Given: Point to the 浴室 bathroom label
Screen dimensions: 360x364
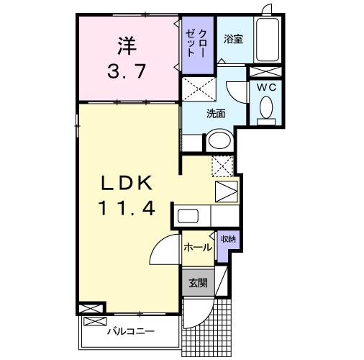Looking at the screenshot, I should (x=232, y=39).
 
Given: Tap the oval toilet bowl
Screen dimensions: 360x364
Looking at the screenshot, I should (x=265, y=109).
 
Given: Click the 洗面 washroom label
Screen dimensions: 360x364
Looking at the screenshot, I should (x=216, y=113).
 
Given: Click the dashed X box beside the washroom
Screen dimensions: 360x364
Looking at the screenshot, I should (x=200, y=89).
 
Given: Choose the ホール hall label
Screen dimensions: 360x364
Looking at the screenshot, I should (x=197, y=248).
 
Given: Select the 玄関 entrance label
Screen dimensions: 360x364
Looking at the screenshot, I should (x=197, y=283).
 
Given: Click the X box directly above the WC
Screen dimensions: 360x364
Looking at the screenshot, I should (x=265, y=71).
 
